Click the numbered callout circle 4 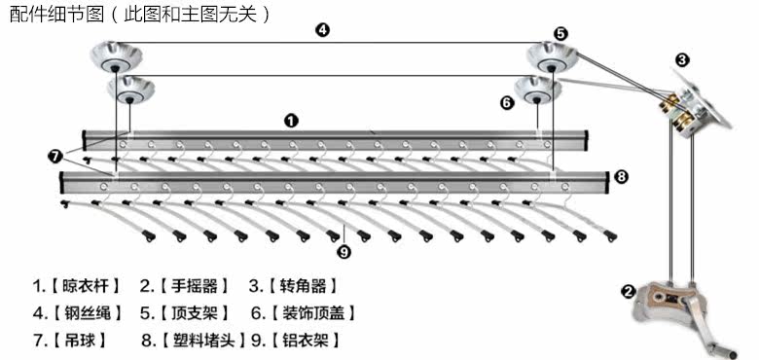click(322, 30)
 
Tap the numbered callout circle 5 click(561, 33)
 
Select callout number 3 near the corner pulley click(682, 60)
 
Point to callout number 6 click(506, 103)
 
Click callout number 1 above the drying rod click(290, 121)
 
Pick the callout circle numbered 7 click(54, 156)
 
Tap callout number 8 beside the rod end click(621, 177)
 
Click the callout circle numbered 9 click(343, 252)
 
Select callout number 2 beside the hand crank click(629, 291)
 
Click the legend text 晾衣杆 click(85, 286)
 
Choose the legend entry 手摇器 click(194, 286)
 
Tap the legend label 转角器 click(303, 286)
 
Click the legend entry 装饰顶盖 click(313, 313)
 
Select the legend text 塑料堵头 click(204, 341)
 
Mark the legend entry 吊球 click(78, 341)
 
